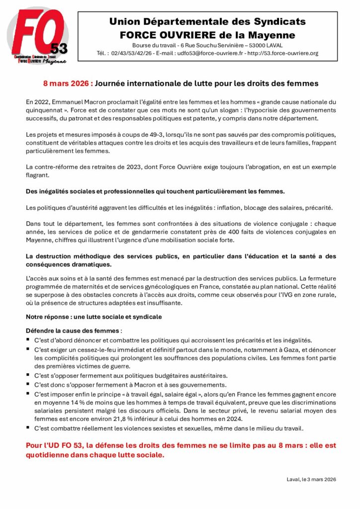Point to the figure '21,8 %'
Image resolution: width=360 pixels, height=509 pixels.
coord(118,419)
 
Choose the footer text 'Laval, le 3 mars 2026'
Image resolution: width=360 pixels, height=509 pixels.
coord(311,479)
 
